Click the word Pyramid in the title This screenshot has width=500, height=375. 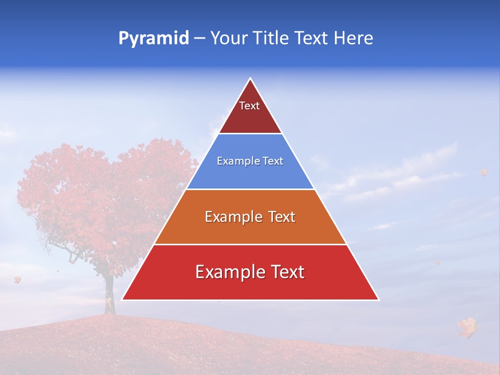coord(154,39)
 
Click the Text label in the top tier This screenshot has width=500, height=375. coord(249,106)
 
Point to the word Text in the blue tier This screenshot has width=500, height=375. coord(273,161)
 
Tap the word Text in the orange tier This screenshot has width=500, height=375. coord(282,217)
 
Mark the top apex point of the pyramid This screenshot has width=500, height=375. coord(251,79)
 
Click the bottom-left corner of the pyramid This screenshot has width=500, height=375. coord(122,299)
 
